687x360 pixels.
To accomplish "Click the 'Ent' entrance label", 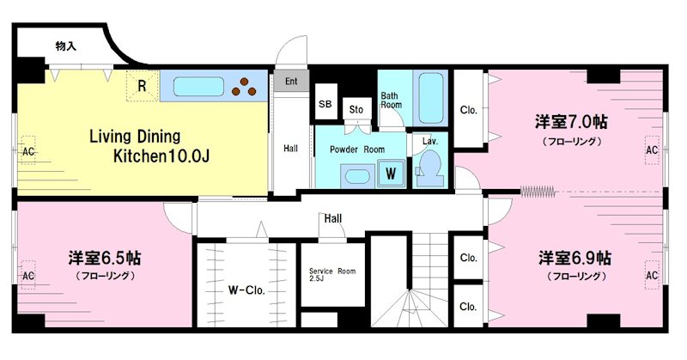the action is pyautogui.click(x=291, y=81).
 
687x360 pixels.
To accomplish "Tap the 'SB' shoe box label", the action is pyautogui.click(x=325, y=104).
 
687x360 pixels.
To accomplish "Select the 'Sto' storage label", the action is pyautogui.click(x=356, y=110).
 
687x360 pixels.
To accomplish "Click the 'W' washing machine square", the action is pyautogui.click(x=391, y=174).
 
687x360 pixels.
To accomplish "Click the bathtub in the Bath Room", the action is pyautogui.click(x=431, y=98).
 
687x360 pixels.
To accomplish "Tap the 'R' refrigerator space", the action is pyautogui.click(x=142, y=86).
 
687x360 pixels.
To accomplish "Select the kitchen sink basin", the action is pyautogui.click(x=199, y=87).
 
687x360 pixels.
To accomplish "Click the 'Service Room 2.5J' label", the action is pyautogui.click(x=332, y=274).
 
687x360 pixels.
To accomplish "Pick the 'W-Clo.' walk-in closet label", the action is pyautogui.click(x=246, y=290).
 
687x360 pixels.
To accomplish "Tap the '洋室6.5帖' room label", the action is pyautogui.click(x=104, y=259).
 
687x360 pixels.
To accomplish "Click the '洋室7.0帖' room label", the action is pyautogui.click(x=571, y=122).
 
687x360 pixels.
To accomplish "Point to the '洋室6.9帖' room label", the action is pyautogui.click(x=575, y=258).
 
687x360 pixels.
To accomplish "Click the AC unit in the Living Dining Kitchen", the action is pyautogui.click(x=28, y=150).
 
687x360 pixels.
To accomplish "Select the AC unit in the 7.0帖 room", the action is pyautogui.click(x=652, y=150).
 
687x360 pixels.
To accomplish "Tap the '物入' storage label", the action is pyautogui.click(x=66, y=46).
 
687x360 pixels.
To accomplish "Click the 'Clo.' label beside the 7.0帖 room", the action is pyautogui.click(x=468, y=110).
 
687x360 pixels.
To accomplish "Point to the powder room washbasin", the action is pyautogui.click(x=357, y=176).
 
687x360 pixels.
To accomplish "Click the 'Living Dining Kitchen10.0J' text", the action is pyautogui.click(x=149, y=146).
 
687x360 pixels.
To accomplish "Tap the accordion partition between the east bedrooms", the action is pyautogui.click(x=538, y=192).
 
